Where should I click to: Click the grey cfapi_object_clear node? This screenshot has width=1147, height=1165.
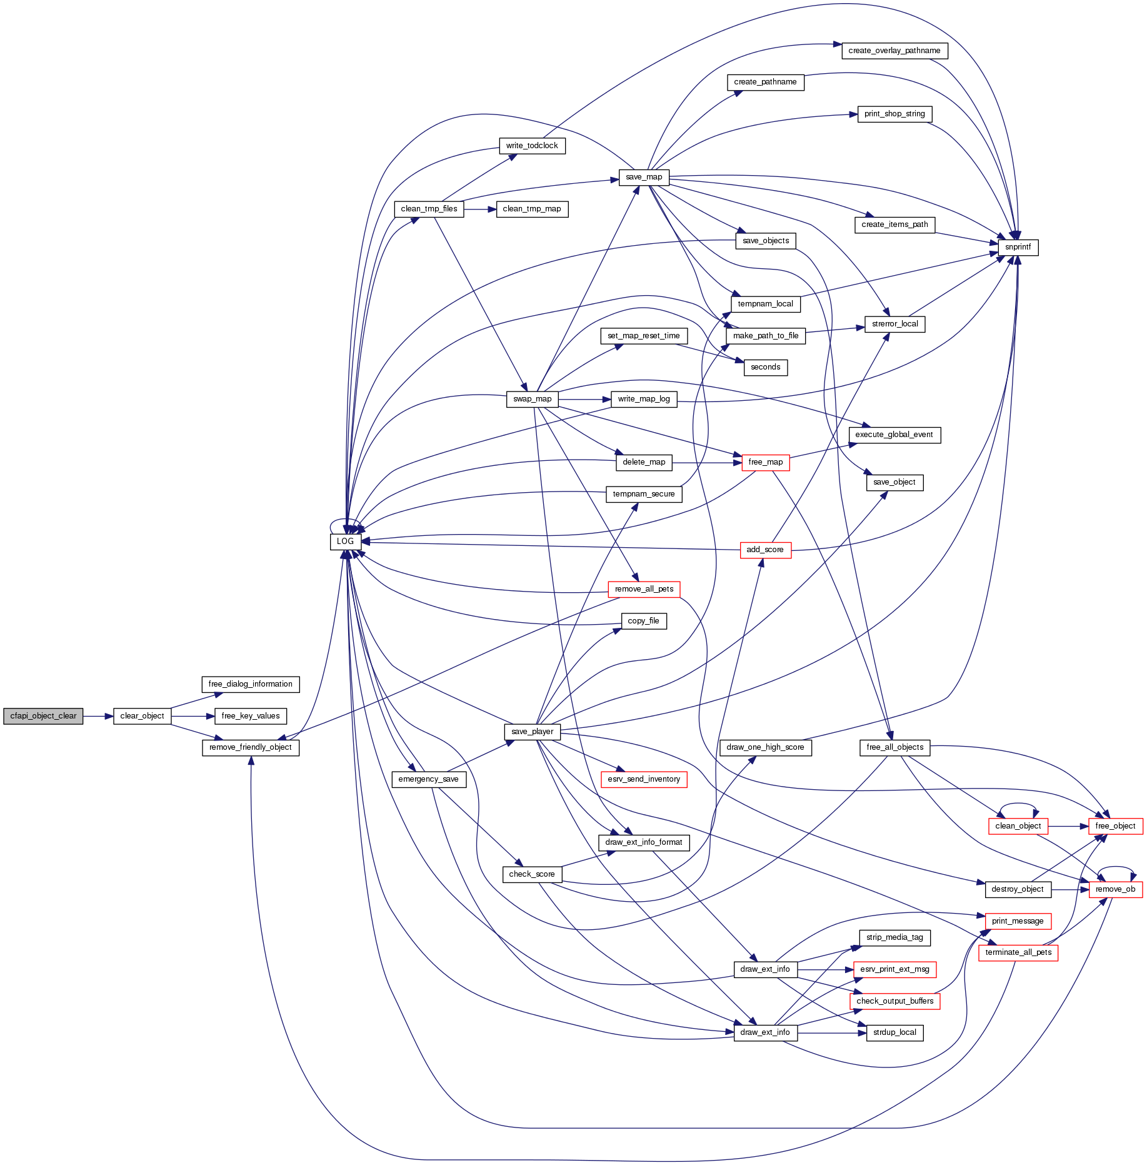[x=43, y=716]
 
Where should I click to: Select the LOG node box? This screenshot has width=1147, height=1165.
[x=345, y=542]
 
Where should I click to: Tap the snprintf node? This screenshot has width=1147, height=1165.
[x=1018, y=247]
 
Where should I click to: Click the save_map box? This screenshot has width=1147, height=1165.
[x=644, y=177]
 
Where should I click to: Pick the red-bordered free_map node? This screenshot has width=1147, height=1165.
[x=765, y=462]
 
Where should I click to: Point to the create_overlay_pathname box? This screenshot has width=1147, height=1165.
[x=894, y=51]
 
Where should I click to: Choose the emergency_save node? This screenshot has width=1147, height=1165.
[x=428, y=779]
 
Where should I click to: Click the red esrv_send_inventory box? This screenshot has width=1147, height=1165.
[x=644, y=779]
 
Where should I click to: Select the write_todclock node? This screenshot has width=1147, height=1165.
[x=532, y=146]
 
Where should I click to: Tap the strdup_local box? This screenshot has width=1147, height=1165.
[x=894, y=1032]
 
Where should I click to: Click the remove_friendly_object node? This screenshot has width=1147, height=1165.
[x=251, y=747]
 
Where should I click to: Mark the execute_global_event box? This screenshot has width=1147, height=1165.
[x=894, y=435]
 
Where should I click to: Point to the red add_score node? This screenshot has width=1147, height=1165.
[x=765, y=550]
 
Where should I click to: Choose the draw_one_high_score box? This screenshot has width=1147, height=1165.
[x=765, y=747]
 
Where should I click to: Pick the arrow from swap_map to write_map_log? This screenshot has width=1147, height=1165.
[x=584, y=399]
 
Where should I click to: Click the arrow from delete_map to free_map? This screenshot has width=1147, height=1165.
[x=706, y=463]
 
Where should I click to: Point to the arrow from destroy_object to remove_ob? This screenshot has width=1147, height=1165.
[x=1069, y=889]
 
